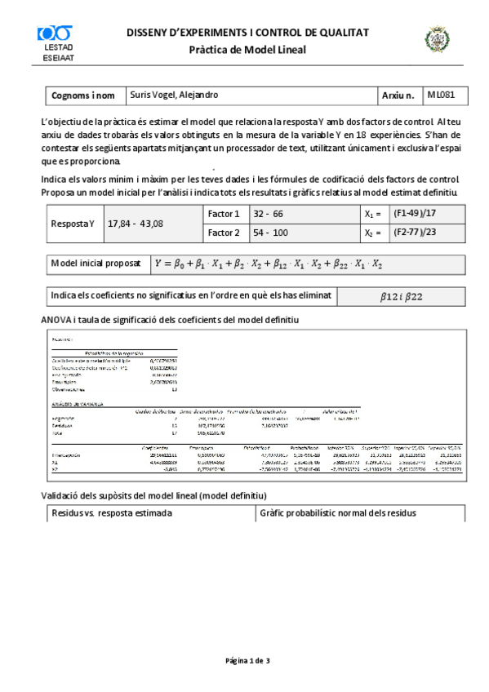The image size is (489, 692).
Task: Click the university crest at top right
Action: [434, 39]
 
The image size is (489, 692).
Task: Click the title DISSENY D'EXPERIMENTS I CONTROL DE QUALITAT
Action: [247, 33]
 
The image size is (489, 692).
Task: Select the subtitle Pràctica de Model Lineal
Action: [247, 50]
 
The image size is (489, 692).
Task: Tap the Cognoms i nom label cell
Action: [83, 96]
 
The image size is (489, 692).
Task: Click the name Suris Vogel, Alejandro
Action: [175, 95]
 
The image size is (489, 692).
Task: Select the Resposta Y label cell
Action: [73, 224]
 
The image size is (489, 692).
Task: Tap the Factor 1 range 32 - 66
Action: [268, 214]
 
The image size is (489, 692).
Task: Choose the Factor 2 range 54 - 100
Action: [270, 233]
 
